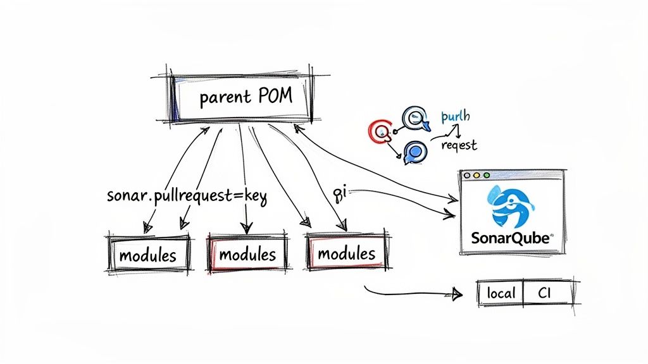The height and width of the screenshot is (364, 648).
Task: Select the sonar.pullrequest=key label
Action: click(187, 197)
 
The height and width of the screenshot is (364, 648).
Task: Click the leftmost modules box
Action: click(148, 255)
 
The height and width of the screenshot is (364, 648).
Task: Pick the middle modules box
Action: click(247, 255)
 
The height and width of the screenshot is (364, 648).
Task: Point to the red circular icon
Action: click(379, 131)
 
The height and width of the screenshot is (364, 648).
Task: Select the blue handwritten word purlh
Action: click(454, 117)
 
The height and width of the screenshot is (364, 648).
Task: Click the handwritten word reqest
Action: click(458, 145)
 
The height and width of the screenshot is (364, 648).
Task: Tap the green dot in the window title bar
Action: click(486, 175)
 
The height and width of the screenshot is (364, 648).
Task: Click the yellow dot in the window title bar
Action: click(477, 175)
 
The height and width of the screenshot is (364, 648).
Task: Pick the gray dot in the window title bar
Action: click(467, 175)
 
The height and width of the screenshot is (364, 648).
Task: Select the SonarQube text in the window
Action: click(511, 239)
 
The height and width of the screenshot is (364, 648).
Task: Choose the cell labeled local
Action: click(501, 293)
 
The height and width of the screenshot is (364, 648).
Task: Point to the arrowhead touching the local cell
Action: click(457, 294)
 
